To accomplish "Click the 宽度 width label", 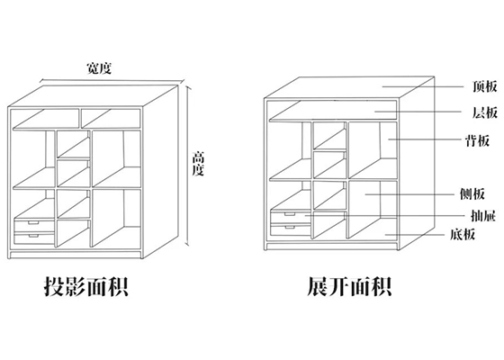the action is (x=99, y=68).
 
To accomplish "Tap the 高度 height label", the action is (x=198, y=164).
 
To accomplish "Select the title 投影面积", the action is (x=86, y=286).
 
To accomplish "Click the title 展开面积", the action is (x=349, y=286).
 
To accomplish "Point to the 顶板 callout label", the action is (x=485, y=86).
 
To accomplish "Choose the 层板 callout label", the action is (x=485, y=112).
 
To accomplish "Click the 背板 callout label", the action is (x=478, y=140).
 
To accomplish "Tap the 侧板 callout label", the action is (x=472, y=193).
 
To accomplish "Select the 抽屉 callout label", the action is (x=483, y=216).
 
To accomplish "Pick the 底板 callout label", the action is (x=463, y=234).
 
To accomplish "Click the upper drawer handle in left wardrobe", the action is (x=33, y=222).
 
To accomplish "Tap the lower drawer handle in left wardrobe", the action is (x=33, y=236).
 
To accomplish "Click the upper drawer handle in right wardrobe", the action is (x=290, y=214).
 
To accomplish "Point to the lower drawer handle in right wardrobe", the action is (x=290, y=227).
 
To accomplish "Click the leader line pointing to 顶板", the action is (x=423, y=86).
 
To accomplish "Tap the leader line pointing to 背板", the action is (x=425, y=139).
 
